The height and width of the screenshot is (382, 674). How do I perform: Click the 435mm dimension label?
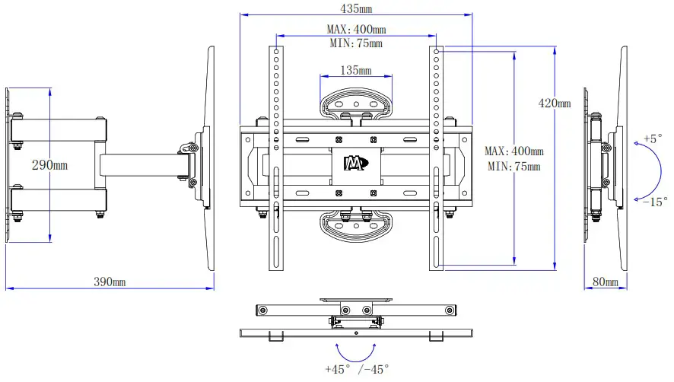click(356, 8)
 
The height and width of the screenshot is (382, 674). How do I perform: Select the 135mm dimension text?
click(355, 71)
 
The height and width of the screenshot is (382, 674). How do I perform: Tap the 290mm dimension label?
click(49, 164)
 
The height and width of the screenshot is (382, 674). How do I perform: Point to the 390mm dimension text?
click(110, 282)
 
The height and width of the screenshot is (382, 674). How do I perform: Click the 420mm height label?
click(554, 103)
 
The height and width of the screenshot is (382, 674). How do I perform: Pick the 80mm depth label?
click(606, 282)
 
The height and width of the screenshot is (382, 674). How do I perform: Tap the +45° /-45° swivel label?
click(356, 369)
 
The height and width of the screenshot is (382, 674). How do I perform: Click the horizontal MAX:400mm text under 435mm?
click(356, 30)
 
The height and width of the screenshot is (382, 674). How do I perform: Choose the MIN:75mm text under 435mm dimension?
click(356, 43)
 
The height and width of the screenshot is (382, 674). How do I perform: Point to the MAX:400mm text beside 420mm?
click(514, 151)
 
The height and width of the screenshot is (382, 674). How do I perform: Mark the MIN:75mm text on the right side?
click(514, 166)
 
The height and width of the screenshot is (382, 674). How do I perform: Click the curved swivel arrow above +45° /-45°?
click(356, 352)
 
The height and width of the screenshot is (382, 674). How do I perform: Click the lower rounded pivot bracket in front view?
click(355, 225)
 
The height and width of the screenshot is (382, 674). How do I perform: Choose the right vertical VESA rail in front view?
click(437, 160)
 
